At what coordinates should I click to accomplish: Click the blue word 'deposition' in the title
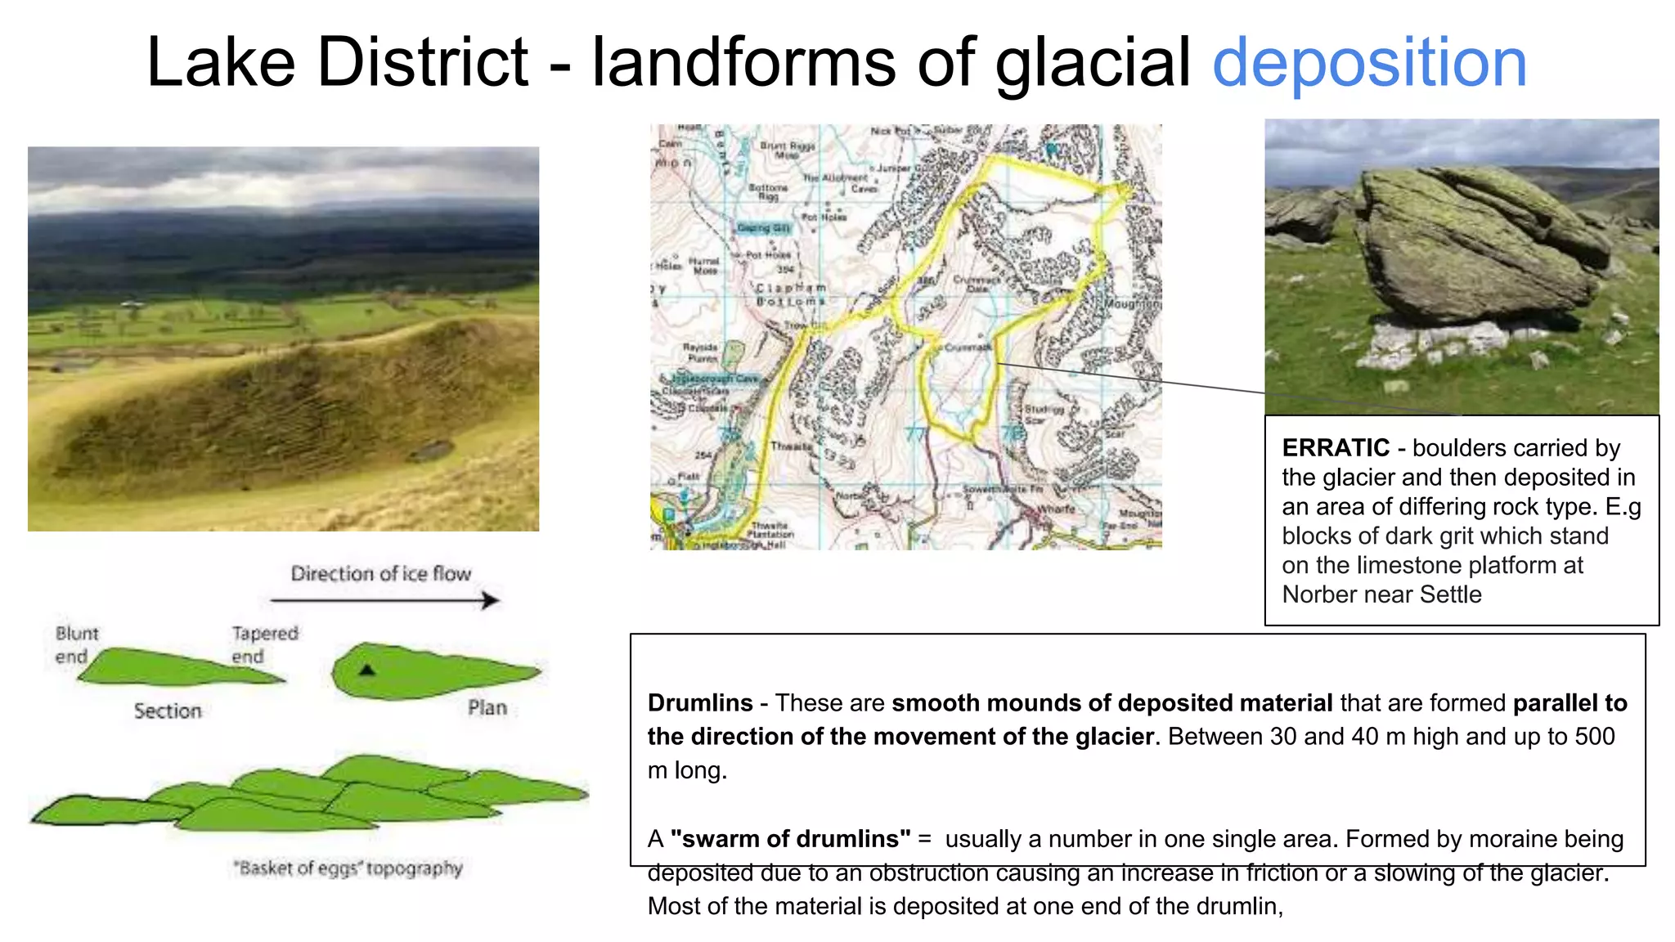coord(1369,64)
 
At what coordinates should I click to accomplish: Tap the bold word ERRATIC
coord(1335,448)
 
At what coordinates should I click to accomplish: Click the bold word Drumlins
coord(699,703)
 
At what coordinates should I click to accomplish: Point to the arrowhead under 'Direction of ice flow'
coord(490,601)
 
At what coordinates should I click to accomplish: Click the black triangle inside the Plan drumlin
coord(367,670)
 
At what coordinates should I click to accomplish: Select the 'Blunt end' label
coord(75,645)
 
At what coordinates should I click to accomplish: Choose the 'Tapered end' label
coord(263,645)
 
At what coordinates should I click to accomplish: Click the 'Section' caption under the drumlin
coord(168,711)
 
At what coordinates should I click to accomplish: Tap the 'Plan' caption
coord(487,708)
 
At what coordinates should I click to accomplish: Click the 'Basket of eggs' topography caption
coord(348,868)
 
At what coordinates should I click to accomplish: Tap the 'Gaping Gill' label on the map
coord(763,228)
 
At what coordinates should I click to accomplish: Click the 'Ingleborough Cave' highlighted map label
coord(716,379)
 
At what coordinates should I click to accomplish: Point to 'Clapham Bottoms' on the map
coord(790,295)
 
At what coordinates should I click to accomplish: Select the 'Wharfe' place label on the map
coord(1057,509)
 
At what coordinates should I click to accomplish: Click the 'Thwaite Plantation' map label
coord(771,530)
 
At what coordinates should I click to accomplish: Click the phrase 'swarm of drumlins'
coord(790,839)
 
